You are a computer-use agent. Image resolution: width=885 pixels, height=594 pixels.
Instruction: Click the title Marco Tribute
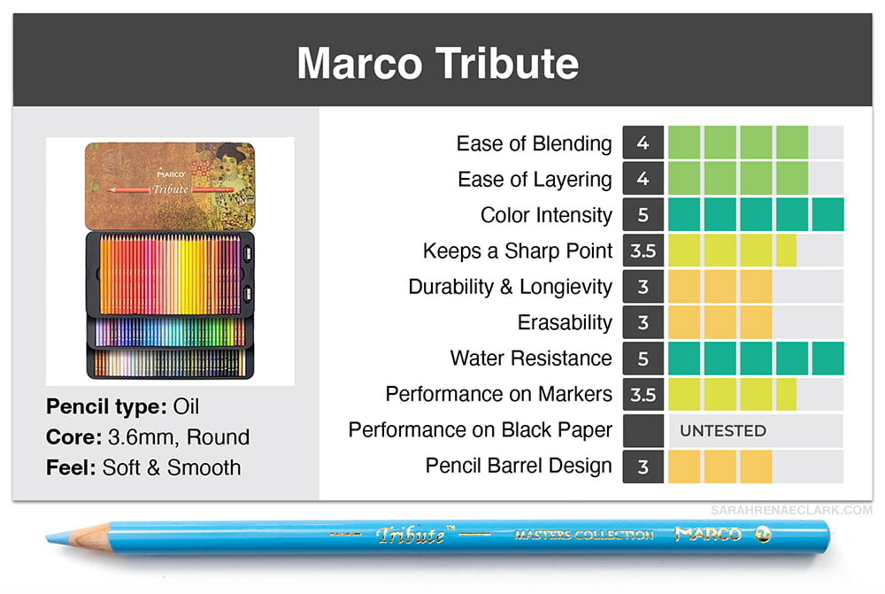pos(438,63)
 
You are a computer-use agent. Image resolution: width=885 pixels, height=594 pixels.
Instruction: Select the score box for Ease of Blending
pos(643,143)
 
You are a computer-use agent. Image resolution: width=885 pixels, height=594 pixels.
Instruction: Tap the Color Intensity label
pos(546,215)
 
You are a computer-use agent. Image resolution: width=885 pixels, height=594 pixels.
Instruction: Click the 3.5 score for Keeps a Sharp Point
pos(643,251)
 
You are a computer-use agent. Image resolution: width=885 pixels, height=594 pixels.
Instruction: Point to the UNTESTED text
pos(723,431)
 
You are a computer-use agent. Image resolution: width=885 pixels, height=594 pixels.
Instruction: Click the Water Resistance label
pos(530,358)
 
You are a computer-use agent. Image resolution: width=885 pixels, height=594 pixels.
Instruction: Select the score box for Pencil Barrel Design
pos(643,467)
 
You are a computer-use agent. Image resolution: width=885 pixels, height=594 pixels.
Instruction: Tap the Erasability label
pos(565,322)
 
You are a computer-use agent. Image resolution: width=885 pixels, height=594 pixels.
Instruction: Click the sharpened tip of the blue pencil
pos(48,537)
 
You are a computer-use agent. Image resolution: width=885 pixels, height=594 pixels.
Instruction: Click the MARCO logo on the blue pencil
pos(708,533)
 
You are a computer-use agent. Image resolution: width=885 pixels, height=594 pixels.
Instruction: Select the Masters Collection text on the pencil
pos(583,534)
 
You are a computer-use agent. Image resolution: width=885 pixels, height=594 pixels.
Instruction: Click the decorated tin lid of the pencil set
pos(170,186)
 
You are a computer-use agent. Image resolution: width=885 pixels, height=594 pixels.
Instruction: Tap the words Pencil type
pos(106,406)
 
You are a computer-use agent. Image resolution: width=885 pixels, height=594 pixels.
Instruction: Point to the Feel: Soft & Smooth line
pos(143,467)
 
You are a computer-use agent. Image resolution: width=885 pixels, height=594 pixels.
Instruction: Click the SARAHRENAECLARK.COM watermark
pos(791,510)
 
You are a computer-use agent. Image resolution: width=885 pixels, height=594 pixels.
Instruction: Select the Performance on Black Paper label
pos(480,429)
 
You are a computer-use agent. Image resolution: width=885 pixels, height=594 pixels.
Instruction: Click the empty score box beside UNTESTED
pos(643,431)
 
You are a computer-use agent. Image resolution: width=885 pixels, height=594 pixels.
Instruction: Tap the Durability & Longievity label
pos(510,287)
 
